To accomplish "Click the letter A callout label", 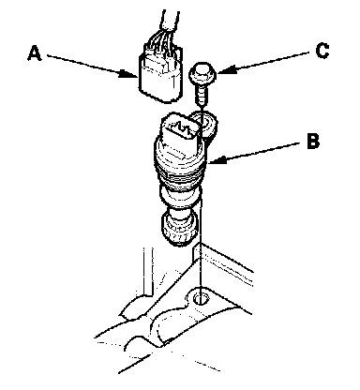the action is (35, 53).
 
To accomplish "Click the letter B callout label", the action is (313, 141).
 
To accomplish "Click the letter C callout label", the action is (322, 51).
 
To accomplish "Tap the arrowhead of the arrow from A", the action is (128, 74).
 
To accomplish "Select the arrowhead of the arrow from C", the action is (226, 69).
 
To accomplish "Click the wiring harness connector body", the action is (160, 75).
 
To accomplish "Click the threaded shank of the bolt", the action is (202, 96).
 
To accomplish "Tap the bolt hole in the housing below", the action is (201, 299).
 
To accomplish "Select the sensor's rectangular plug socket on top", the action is (179, 131).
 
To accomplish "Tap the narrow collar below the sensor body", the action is (179, 198).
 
